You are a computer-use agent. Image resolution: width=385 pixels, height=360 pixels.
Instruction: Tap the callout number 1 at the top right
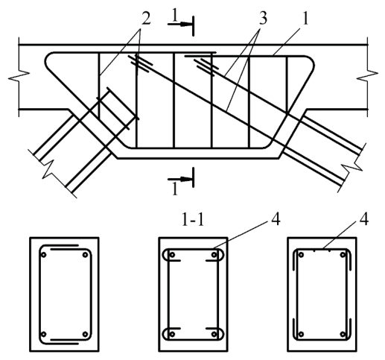pos(305,19)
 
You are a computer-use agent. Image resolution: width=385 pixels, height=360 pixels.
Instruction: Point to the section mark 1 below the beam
pos(175,189)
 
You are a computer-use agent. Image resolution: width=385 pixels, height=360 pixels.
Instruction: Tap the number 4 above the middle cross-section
pos(276,220)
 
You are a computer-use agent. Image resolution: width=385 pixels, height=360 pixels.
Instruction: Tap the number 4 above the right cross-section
pos(363,220)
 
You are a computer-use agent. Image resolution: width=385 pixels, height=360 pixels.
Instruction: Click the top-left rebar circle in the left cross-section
pos(44,255)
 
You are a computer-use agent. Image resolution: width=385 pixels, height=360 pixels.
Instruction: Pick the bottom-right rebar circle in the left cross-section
pos(86,335)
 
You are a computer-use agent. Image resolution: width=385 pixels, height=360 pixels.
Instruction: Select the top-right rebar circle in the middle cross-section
pos(214,255)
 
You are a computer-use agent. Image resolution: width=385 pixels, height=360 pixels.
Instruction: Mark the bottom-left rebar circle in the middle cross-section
pos(172,334)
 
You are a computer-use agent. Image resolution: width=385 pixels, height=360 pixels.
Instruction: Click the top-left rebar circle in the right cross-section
pos(301,255)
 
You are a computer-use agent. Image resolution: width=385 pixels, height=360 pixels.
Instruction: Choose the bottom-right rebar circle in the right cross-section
pos(343,335)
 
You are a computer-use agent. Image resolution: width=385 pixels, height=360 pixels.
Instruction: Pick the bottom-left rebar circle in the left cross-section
pos(44,335)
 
